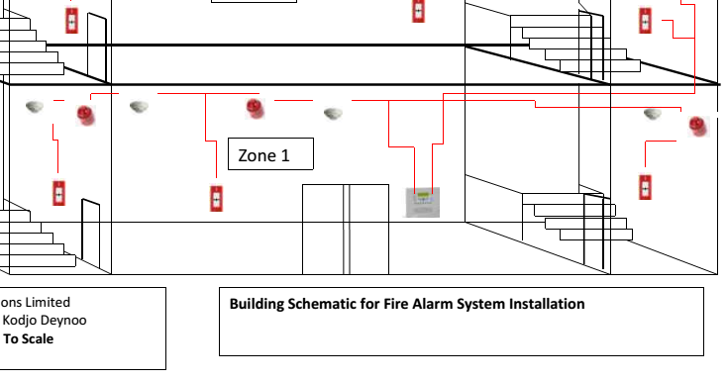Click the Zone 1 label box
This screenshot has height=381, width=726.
(272, 154)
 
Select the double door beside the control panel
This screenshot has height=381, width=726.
(346, 228)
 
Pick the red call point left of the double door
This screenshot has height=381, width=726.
(215, 198)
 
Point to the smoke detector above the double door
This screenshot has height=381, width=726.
(333, 114)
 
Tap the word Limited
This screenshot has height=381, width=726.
(46, 303)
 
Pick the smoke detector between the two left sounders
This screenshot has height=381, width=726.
(139, 106)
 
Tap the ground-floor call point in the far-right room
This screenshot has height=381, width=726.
(646, 186)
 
